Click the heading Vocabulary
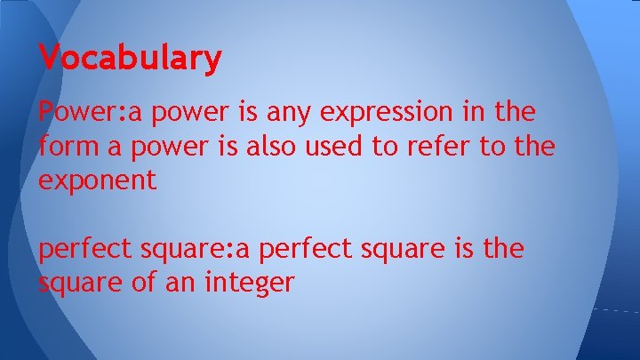[x=130, y=59]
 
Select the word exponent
[x=98, y=180]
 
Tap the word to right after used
[x=372, y=147]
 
